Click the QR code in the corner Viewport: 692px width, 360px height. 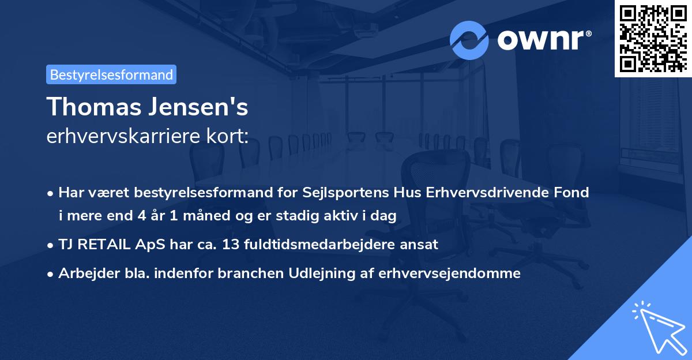point(653,38)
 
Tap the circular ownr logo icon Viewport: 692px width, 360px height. point(469,40)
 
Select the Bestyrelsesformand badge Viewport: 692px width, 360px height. point(111,74)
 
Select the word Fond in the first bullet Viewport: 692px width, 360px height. point(572,193)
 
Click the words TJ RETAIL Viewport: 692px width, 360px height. point(92,245)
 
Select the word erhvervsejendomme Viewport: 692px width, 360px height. point(450,273)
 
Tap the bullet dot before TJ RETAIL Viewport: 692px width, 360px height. point(52,245)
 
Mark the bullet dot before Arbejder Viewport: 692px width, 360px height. point(52,274)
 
